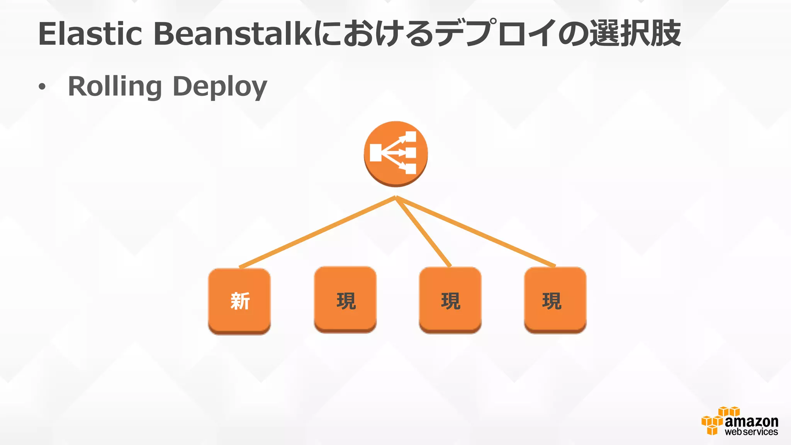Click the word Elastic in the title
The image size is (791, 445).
(x=90, y=34)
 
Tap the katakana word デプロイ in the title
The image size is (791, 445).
(x=496, y=34)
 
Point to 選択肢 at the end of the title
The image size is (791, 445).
(x=635, y=34)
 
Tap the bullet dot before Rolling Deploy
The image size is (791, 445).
(x=42, y=87)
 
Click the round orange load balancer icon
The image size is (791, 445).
(x=395, y=153)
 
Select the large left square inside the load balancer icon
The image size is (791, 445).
(x=375, y=153)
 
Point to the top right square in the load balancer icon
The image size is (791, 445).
(x=411, y=137)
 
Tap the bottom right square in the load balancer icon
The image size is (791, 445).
(x=411, y=169)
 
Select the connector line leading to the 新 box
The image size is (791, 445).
(x=317, y=232)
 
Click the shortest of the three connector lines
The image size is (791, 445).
(x=423, y=232)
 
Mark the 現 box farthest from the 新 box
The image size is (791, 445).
(x=555, y=300)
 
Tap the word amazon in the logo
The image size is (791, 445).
(x=751, y=421)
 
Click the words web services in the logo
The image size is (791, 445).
(x=751, y=432)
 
